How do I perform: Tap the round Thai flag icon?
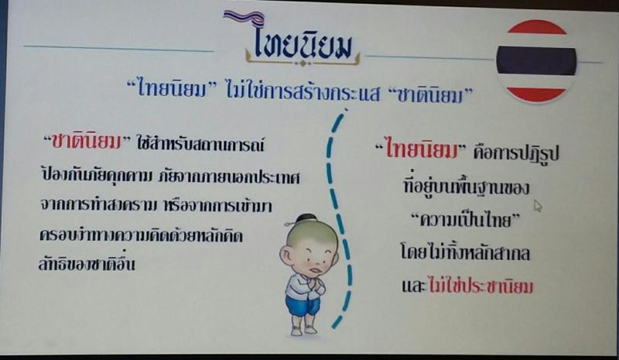pyautogui.click(x=536, y=61)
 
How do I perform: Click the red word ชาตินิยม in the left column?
pyautogui.click(x=87, y=142)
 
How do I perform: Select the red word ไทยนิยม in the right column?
pyautogui.click(x=421, y=150)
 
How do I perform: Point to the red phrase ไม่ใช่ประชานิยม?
pyautogui.click(x=480, y=286)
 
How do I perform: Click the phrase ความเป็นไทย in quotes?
pyautogui.click(x=466, y=220)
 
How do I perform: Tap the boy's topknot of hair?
pyautogui.click(x=305, y=218)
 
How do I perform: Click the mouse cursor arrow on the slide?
pyautogui.click(x=538, y=205)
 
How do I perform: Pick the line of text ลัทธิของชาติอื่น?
pyautogui.click(x=87, y=263)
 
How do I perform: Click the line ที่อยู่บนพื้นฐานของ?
pyautogui.click(x=466, y=186)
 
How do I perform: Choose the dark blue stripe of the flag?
pyautogui.click(x=536, y=60)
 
